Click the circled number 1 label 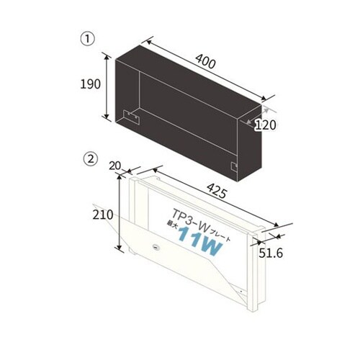pos(88,39)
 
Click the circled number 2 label pos(91,159)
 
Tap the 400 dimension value pos(205,61)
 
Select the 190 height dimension pos(90,84)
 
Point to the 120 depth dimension pos(266,125)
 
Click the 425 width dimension pos(217,191)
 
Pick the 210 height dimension pos(103,215)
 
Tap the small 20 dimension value pos(114,166)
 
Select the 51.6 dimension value pos(271,253)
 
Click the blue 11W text pos(201,241)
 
